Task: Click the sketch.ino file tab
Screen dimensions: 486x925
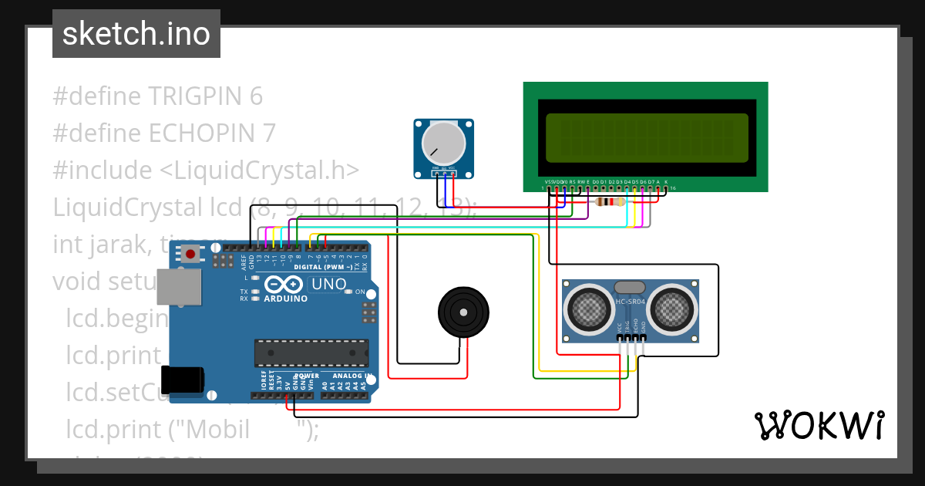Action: click(136, 34)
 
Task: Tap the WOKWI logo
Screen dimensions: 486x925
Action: click(819, 425)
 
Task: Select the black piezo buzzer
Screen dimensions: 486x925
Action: click(463, 312)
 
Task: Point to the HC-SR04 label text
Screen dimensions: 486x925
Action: click(631, 301)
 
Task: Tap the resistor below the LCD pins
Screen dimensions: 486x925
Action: click(610, 202)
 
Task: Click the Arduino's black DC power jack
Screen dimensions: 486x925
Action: click(186, 378)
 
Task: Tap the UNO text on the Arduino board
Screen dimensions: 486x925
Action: click(329, 285)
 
